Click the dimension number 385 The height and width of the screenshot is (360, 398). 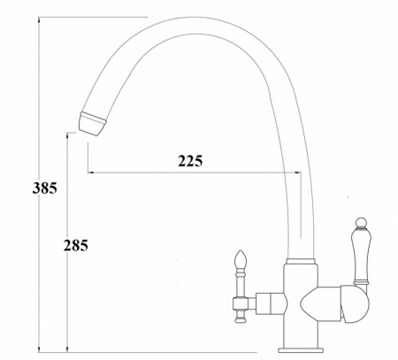click(x=44, y=188)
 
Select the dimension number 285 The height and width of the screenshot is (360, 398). click(x=76, y=245)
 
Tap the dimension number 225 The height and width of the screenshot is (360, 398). click(x=190, y=161)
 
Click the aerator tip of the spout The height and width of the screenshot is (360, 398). click(x=92, y=124)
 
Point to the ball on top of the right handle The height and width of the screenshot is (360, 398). click(x=362, y=223)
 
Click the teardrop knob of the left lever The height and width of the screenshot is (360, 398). click(x=241, y=258)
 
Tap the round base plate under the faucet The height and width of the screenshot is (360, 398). click(x=301, y=350)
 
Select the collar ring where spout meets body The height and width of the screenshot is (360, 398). click(x=301, y=261)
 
